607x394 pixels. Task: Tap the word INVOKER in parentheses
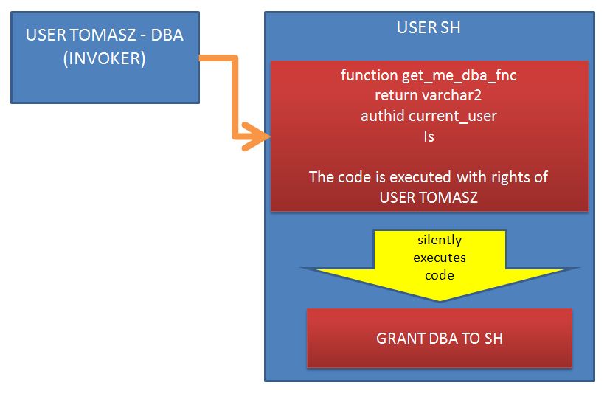tap(105, 58)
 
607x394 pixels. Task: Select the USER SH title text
tap(429, 27)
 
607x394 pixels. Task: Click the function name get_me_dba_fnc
tap(459, 75)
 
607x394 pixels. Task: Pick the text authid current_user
tap(429, 116)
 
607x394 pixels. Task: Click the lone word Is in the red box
tap(429, 136)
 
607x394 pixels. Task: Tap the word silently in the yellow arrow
tap(440, 241)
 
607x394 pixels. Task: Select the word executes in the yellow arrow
tap(440, 258)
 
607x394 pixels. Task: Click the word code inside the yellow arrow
tap(440, 275)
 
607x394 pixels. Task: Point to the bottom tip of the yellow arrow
tap(440, 300)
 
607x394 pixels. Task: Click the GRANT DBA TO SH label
tap(440, 339)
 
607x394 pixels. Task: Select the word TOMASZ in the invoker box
tap(103, 35)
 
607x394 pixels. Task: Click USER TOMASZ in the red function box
tap(429, 198)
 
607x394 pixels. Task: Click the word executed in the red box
tap(420, 177)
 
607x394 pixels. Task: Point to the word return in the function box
tap(396, 96)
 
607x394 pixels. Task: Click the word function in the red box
tap(370, 75)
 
